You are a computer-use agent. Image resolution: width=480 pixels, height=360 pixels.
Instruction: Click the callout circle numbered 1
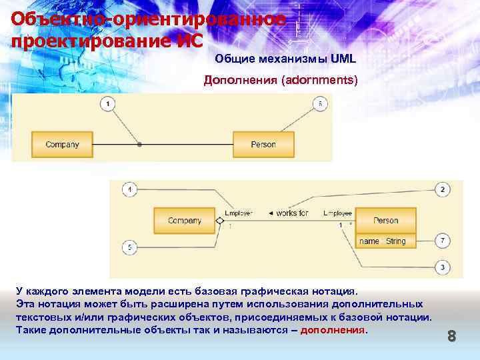pyautogui.click(x=108, y=103)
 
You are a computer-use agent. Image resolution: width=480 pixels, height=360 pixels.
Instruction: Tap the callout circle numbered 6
pyautogui.click(x=319, y=103)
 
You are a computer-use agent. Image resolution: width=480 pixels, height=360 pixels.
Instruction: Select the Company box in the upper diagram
pyautogui.click(x=62, y=144)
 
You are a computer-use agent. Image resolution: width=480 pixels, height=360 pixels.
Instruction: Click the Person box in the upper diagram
pyautogui.click(x=263, y=144)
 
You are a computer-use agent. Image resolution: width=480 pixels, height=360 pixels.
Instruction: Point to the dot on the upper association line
pyautogui.click(x=139, y=144)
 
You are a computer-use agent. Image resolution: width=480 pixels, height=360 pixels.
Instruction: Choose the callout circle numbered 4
pyautogui.click(x=129, y=189)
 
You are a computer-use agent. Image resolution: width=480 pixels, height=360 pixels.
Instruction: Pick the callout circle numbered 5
pyautogui.click(x=129, y=247)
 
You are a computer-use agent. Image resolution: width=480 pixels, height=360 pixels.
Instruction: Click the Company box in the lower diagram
pyautogui.click(x=185, y=221)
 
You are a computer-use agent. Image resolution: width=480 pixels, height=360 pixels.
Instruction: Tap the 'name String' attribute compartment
pyautogui.click(x=385, y=241)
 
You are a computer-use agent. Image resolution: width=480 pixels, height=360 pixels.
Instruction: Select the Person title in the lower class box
pyautogui.click(x=385, y=221)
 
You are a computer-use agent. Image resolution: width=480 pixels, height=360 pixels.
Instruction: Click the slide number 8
pyautogui.click(x=451, y=337)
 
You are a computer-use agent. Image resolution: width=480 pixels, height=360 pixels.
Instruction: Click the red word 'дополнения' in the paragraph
pyautogui.click(x=333, y=330)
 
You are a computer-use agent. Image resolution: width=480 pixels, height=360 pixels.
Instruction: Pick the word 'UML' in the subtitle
pyautogui.click(x=343, y=59)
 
